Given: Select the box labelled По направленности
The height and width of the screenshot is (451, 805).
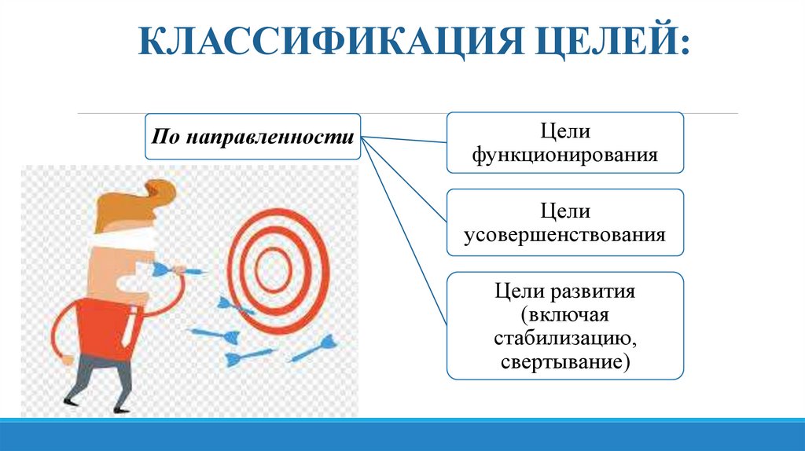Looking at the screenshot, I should tap(252, 136).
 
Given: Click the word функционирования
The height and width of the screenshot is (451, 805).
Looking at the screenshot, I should tap(564, 154).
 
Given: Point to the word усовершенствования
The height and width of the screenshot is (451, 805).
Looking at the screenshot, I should tap(564, 233).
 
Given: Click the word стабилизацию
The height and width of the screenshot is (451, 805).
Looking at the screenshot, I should tap(564, 339).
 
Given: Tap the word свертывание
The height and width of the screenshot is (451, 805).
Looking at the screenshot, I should tap(564, 362).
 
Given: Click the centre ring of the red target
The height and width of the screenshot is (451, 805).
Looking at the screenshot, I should tap(270, 267).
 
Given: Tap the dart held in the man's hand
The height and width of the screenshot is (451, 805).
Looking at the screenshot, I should tap(177, 271).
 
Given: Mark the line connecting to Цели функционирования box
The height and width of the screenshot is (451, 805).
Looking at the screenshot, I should tap(404, 140).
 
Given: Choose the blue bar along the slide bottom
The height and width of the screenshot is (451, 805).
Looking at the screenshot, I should tap(402, 434).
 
